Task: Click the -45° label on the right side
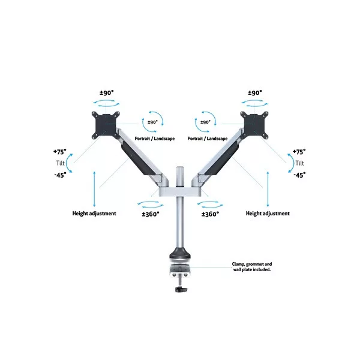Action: tap(299, 175)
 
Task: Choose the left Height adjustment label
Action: tap(94, 213)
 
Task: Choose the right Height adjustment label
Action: tap(268, 213)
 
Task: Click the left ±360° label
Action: tap(151, 214)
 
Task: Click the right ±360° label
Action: tap(210, 214)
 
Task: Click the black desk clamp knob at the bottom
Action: tap(180, 291)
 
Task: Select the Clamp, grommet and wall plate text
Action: tap(251, 266)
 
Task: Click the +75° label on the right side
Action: tap(299, 152)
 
